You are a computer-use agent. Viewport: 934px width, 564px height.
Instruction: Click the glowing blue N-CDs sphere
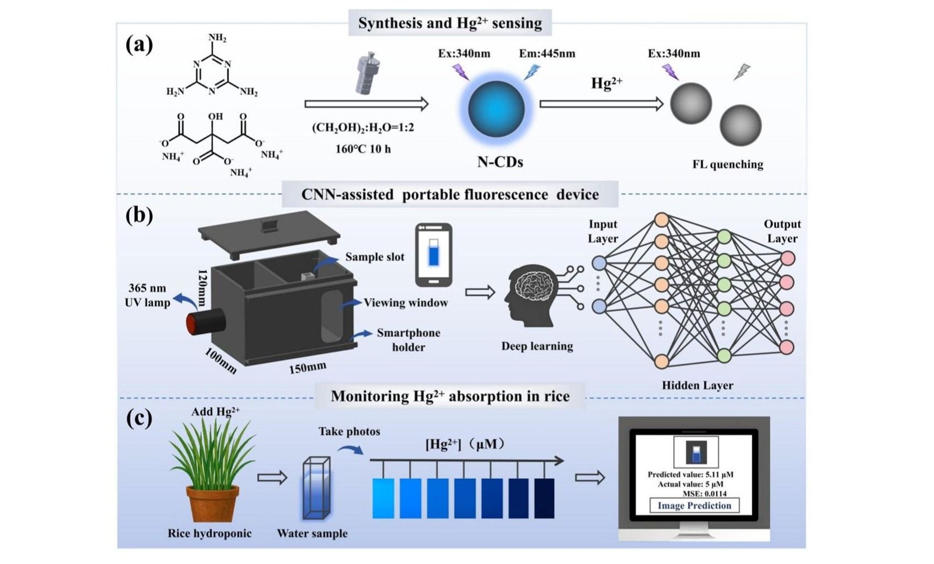[496, 109]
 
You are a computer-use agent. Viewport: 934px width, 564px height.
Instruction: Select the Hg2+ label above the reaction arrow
[606, 84]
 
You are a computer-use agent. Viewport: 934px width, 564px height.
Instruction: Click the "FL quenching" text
[728, 164]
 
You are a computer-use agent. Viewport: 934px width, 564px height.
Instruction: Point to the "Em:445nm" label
[547, 54]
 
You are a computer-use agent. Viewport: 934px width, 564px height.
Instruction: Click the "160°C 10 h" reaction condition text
[363, 149]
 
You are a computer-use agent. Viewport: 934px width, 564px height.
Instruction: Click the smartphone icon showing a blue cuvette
[433, 255]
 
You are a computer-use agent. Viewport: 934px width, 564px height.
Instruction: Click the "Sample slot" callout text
[375, 257]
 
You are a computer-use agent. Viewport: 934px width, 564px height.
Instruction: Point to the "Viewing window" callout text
[406, 303]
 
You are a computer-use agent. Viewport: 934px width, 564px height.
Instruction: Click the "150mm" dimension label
[308, 368]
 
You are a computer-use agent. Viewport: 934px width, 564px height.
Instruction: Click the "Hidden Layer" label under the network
[697, 385]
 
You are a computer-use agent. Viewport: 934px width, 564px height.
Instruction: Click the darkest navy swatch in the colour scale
[544, 498]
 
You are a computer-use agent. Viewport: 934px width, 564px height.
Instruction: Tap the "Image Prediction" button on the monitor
[694, 506]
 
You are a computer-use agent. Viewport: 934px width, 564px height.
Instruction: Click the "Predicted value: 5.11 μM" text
[690, 475]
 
